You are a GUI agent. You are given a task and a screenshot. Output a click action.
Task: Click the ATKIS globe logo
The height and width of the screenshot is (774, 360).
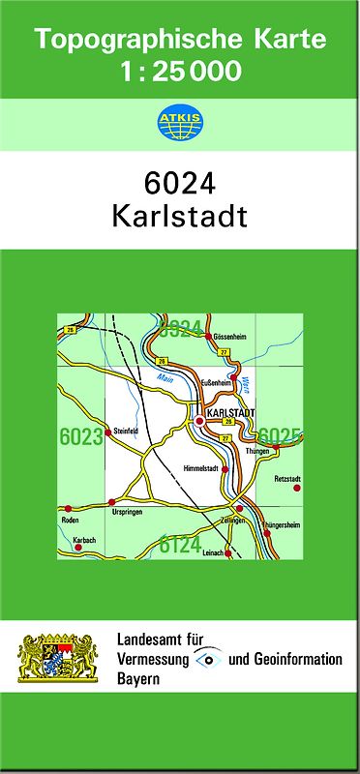click(179, 124)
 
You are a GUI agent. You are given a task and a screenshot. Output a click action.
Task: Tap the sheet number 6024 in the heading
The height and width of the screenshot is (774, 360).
click(179, 183)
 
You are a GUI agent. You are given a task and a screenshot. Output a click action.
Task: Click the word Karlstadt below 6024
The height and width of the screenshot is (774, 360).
click(179, 215)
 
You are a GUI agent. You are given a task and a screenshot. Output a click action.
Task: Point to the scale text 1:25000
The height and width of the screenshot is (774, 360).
click(180, 71)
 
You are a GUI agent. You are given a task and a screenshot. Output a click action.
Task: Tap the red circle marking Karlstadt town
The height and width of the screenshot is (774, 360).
click(199, 422)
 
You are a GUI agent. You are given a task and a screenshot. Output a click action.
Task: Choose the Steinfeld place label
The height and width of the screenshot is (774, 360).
click(127, 430)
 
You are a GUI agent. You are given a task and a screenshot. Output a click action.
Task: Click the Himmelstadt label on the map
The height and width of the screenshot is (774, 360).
click(201, 469)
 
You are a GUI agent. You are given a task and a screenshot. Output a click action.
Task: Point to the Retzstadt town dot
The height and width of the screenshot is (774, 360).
click(297, 488)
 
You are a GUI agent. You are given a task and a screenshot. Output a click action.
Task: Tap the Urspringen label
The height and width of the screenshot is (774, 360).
click(129, 512)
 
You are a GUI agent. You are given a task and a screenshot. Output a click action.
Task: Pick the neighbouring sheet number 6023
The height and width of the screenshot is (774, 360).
click(79, 437)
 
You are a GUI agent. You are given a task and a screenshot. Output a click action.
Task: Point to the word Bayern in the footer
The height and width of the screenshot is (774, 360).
click(138, 678)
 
